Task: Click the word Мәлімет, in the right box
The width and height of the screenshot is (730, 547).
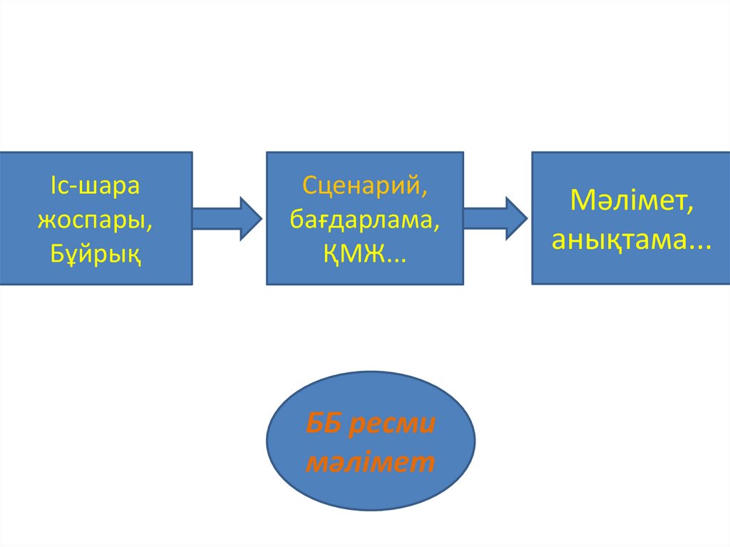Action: (632, 200)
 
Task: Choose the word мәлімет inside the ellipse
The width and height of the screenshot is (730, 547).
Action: (370, 462)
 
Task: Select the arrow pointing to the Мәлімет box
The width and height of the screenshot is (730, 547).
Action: (495, 218)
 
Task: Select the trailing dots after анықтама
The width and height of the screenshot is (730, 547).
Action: (699, 244)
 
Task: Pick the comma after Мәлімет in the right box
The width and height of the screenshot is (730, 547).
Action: (690, 208)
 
